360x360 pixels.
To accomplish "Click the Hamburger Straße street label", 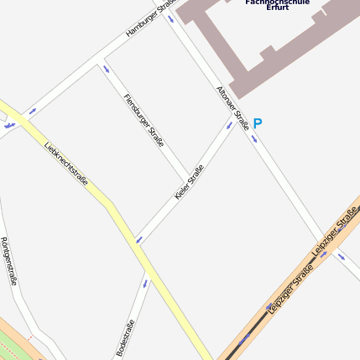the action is click(x=148, y=18).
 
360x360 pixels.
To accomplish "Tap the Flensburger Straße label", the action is click(x=143, y=121).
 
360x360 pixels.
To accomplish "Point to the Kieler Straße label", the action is click(x=190, y=182).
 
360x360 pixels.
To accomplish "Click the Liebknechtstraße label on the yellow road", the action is click(x=66, y=160).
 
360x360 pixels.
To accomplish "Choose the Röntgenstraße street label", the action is click(x=8, y=261).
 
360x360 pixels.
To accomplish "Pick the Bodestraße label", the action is click(x=126, y=338).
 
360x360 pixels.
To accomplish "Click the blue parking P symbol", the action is click(x=258, y=123).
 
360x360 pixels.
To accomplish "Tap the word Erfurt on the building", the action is click(x=277, y=8).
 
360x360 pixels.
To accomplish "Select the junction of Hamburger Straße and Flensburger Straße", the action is click(x=97, y=60).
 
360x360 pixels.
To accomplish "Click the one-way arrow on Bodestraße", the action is click(x=144, y=283).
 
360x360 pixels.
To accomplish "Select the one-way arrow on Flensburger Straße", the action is click(x=106, y=70).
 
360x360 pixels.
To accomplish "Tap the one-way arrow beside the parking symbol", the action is click(x=253, y=138).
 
